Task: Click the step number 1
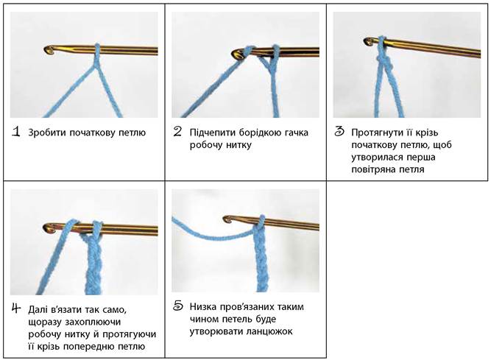click(16, 132)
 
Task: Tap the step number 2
click(177, 132)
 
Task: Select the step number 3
click(339, 132)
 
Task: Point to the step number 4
click(16, 308)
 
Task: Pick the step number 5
click(177, 306)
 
